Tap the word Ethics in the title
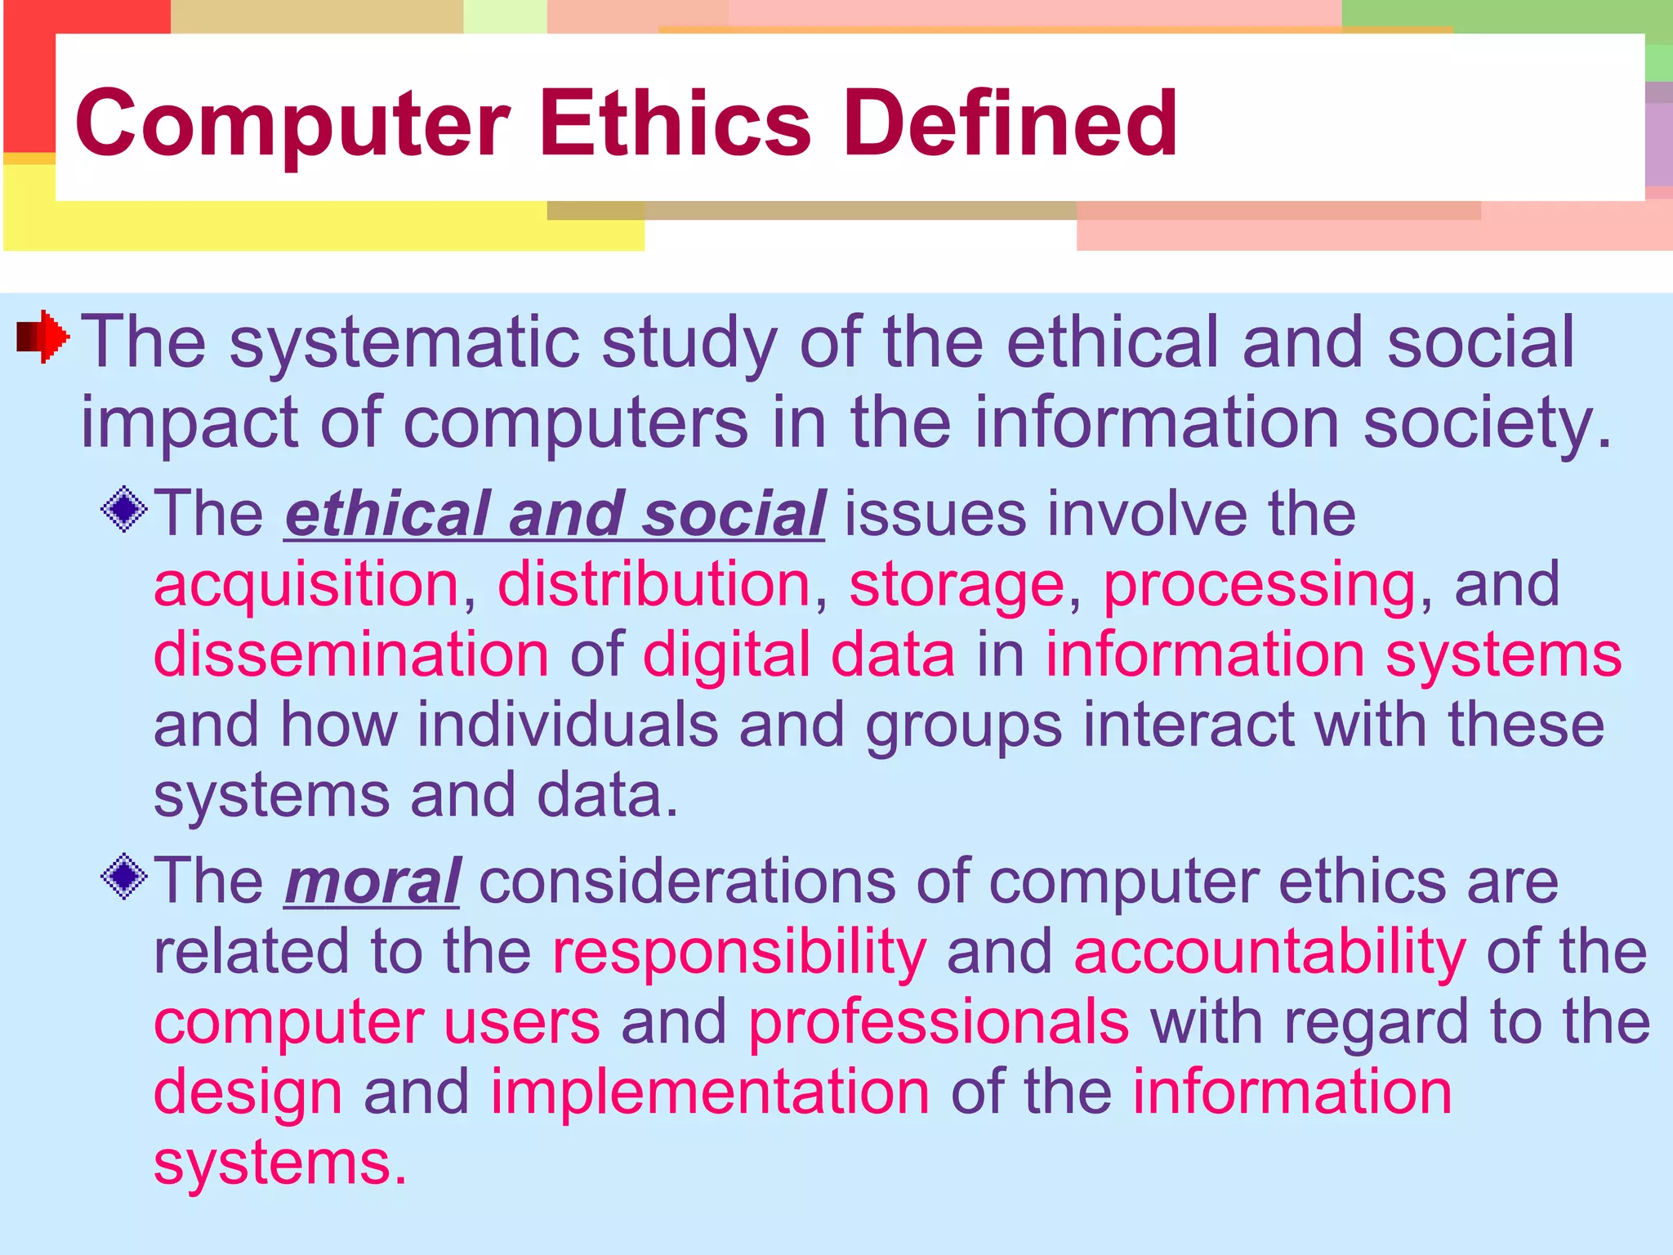[x=675, y=124]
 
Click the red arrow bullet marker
[x=43, y=336]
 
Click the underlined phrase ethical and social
[x=555, y=515]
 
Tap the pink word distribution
[x=654, y=585]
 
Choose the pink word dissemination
[x=351, y=655]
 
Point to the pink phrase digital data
[x=798, y=655]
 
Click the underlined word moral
[x=372, y=882]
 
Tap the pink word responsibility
[x=739, y=953]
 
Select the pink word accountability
[x=1269, y=953]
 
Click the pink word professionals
[x=939, y=1023]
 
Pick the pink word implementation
[x=709, y=1093]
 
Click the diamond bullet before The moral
[x=124, y=877]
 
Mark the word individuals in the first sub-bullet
[x=568, y=726]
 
